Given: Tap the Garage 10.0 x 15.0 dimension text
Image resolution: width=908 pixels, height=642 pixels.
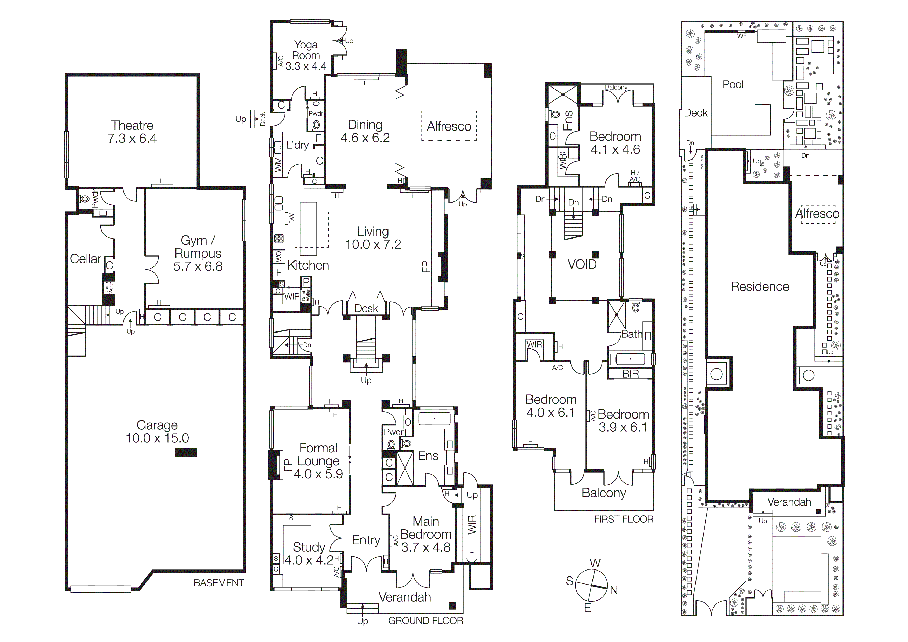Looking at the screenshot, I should coord(157,438).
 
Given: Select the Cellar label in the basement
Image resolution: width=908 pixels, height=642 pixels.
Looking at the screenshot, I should coord(85,259).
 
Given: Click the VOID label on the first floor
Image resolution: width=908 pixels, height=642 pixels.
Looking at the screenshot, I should coord(582,264).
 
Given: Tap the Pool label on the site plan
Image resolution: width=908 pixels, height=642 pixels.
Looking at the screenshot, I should coord(733,85).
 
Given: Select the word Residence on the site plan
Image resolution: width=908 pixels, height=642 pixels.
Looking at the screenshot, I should coord(759,287).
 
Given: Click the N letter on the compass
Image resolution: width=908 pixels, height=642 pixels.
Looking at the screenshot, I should coord(613,590).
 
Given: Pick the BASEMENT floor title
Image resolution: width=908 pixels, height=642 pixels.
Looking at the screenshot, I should coord(219,583).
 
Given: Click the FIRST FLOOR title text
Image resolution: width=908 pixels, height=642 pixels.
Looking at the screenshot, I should coord(623,520).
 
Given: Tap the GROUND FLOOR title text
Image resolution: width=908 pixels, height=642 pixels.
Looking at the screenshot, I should coord(426,621).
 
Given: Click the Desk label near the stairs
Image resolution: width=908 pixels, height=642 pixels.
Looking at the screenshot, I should coord(366,308).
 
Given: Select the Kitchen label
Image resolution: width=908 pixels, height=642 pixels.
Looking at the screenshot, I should coord(308,265).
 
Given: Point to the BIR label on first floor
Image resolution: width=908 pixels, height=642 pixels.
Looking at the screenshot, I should coord(630,374).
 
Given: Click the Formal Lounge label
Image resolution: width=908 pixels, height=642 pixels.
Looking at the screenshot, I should coord(318,455).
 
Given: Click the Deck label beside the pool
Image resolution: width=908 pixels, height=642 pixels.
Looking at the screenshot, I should coord(696,113).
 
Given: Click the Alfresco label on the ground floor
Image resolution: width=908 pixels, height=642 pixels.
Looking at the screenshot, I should coord(449,127).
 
